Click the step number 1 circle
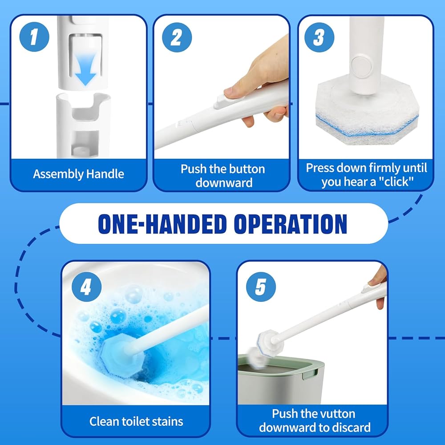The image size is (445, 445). tap(34, 37)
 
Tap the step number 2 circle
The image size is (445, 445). tap(177, 37)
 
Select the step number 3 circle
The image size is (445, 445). tap(319, 37)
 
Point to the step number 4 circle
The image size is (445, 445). tap(87, 287)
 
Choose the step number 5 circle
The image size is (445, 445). tap(261, 287)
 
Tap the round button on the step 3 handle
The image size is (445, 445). tap(361, 67)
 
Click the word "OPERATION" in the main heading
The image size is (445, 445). tap(290, 224)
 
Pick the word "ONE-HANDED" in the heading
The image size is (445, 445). tap(162, 224)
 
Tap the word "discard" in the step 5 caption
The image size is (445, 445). tap(351, 427)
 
